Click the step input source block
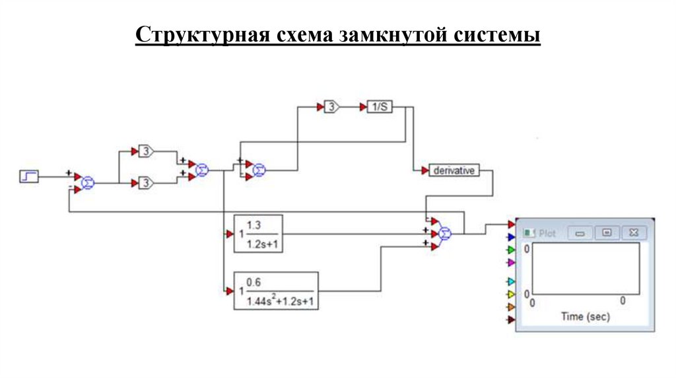28,176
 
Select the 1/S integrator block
380,107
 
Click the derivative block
454,170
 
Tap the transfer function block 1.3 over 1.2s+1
258,233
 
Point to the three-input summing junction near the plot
445,232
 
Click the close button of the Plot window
634,232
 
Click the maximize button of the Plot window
607,232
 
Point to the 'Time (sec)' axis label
586,317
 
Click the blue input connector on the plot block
510,237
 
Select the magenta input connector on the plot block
510,263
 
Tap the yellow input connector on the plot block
510,294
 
